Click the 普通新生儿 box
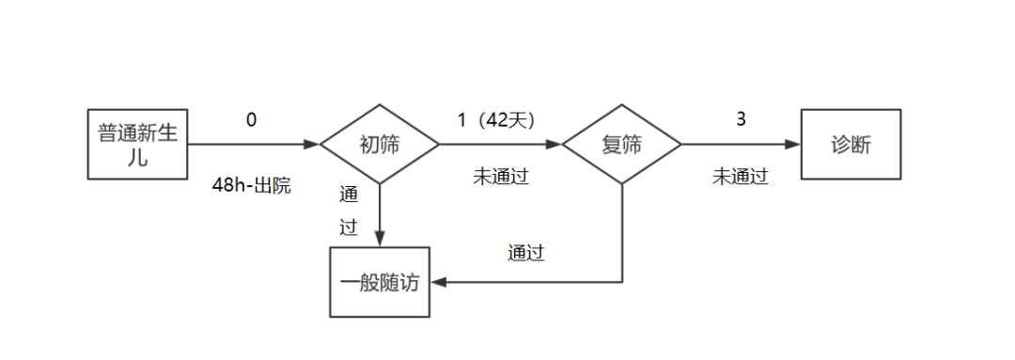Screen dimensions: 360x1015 pyautogui.click(x=137, y=144)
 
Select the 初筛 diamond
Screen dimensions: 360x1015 pyautogui.click(x=380, y=145)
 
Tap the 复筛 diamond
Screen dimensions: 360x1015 pyautogui.click(x=621, y=145)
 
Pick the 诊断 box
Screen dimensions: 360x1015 pyautogui.click(x=851, y=144)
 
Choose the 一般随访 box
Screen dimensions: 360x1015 pyautogui.click(x=380, y=282)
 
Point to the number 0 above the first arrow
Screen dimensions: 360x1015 pyautogui.click(x=251, y=119)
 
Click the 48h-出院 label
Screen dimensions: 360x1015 pyautogui.click(x=251, y=185)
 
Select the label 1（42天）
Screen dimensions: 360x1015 pyautogui.click(x=495, y=119)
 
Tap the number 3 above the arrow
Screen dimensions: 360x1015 pyautogui.click(x=741, y=119)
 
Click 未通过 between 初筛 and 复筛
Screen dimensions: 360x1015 pyautogui.click(x=500, y=176)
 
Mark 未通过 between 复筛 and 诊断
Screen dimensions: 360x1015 pyautogui.click(x=741, y=176)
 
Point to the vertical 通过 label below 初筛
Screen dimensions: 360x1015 pyautogui.click(x=349, y=211)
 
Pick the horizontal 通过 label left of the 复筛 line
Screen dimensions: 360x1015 pyautogui.click(x=526, y=252)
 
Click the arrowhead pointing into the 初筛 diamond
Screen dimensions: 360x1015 pyautogui.click(x=312, y=145)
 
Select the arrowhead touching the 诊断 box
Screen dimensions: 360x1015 pyautogui.click(x=793, y=145)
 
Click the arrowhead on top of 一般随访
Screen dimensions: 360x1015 pyautogui.click(x=380, y=240)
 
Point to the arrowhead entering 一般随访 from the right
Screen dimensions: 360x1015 pyautogui.click(x=438, y=282)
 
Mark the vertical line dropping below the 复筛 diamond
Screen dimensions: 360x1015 pyautogui.click(x=622, y=230)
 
